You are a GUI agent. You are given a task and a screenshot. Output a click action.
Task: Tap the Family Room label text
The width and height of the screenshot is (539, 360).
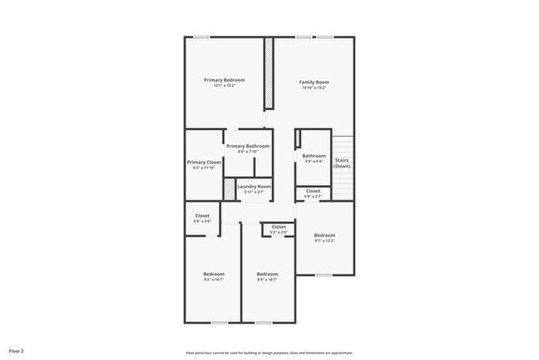[x=314, y=82]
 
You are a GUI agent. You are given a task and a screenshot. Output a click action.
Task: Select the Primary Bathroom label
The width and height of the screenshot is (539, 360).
[x=247, y=146]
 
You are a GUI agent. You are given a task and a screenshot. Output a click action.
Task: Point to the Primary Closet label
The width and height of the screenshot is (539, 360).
[x=203, y=162]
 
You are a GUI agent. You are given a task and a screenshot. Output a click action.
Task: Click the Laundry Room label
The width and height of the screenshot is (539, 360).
[x=254, y=187]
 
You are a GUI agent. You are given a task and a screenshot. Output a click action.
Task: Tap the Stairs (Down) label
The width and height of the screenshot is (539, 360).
[x=342, y=163]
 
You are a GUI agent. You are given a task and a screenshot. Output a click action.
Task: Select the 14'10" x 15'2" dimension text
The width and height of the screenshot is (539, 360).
[x=314, y=88]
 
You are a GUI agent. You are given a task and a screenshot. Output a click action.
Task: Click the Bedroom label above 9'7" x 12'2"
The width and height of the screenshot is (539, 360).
[x=324, y=236]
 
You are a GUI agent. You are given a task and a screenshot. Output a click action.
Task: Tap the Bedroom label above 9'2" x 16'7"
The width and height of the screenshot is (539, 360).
[x=214, y=275]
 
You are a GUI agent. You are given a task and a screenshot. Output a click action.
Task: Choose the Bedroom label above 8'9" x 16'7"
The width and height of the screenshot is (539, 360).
[x=267, y=275]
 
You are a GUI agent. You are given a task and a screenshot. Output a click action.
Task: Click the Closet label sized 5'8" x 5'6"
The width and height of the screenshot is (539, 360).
[x=202, y=216]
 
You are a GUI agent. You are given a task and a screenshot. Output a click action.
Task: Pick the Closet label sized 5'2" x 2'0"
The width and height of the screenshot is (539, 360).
[x=279, y=226]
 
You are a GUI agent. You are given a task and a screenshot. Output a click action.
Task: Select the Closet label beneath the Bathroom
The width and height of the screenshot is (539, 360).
[x=313, y=191]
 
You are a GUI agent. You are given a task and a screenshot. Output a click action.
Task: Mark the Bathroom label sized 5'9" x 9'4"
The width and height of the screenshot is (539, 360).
[x=313, y=156]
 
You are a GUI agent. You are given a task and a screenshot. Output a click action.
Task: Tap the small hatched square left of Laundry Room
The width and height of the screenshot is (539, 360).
[x=230, y=187]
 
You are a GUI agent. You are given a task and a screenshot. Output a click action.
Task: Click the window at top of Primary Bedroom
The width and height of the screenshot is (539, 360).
[x=202, y=36]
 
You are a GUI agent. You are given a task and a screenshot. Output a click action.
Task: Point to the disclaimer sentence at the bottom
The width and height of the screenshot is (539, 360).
[x=269, y=352]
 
